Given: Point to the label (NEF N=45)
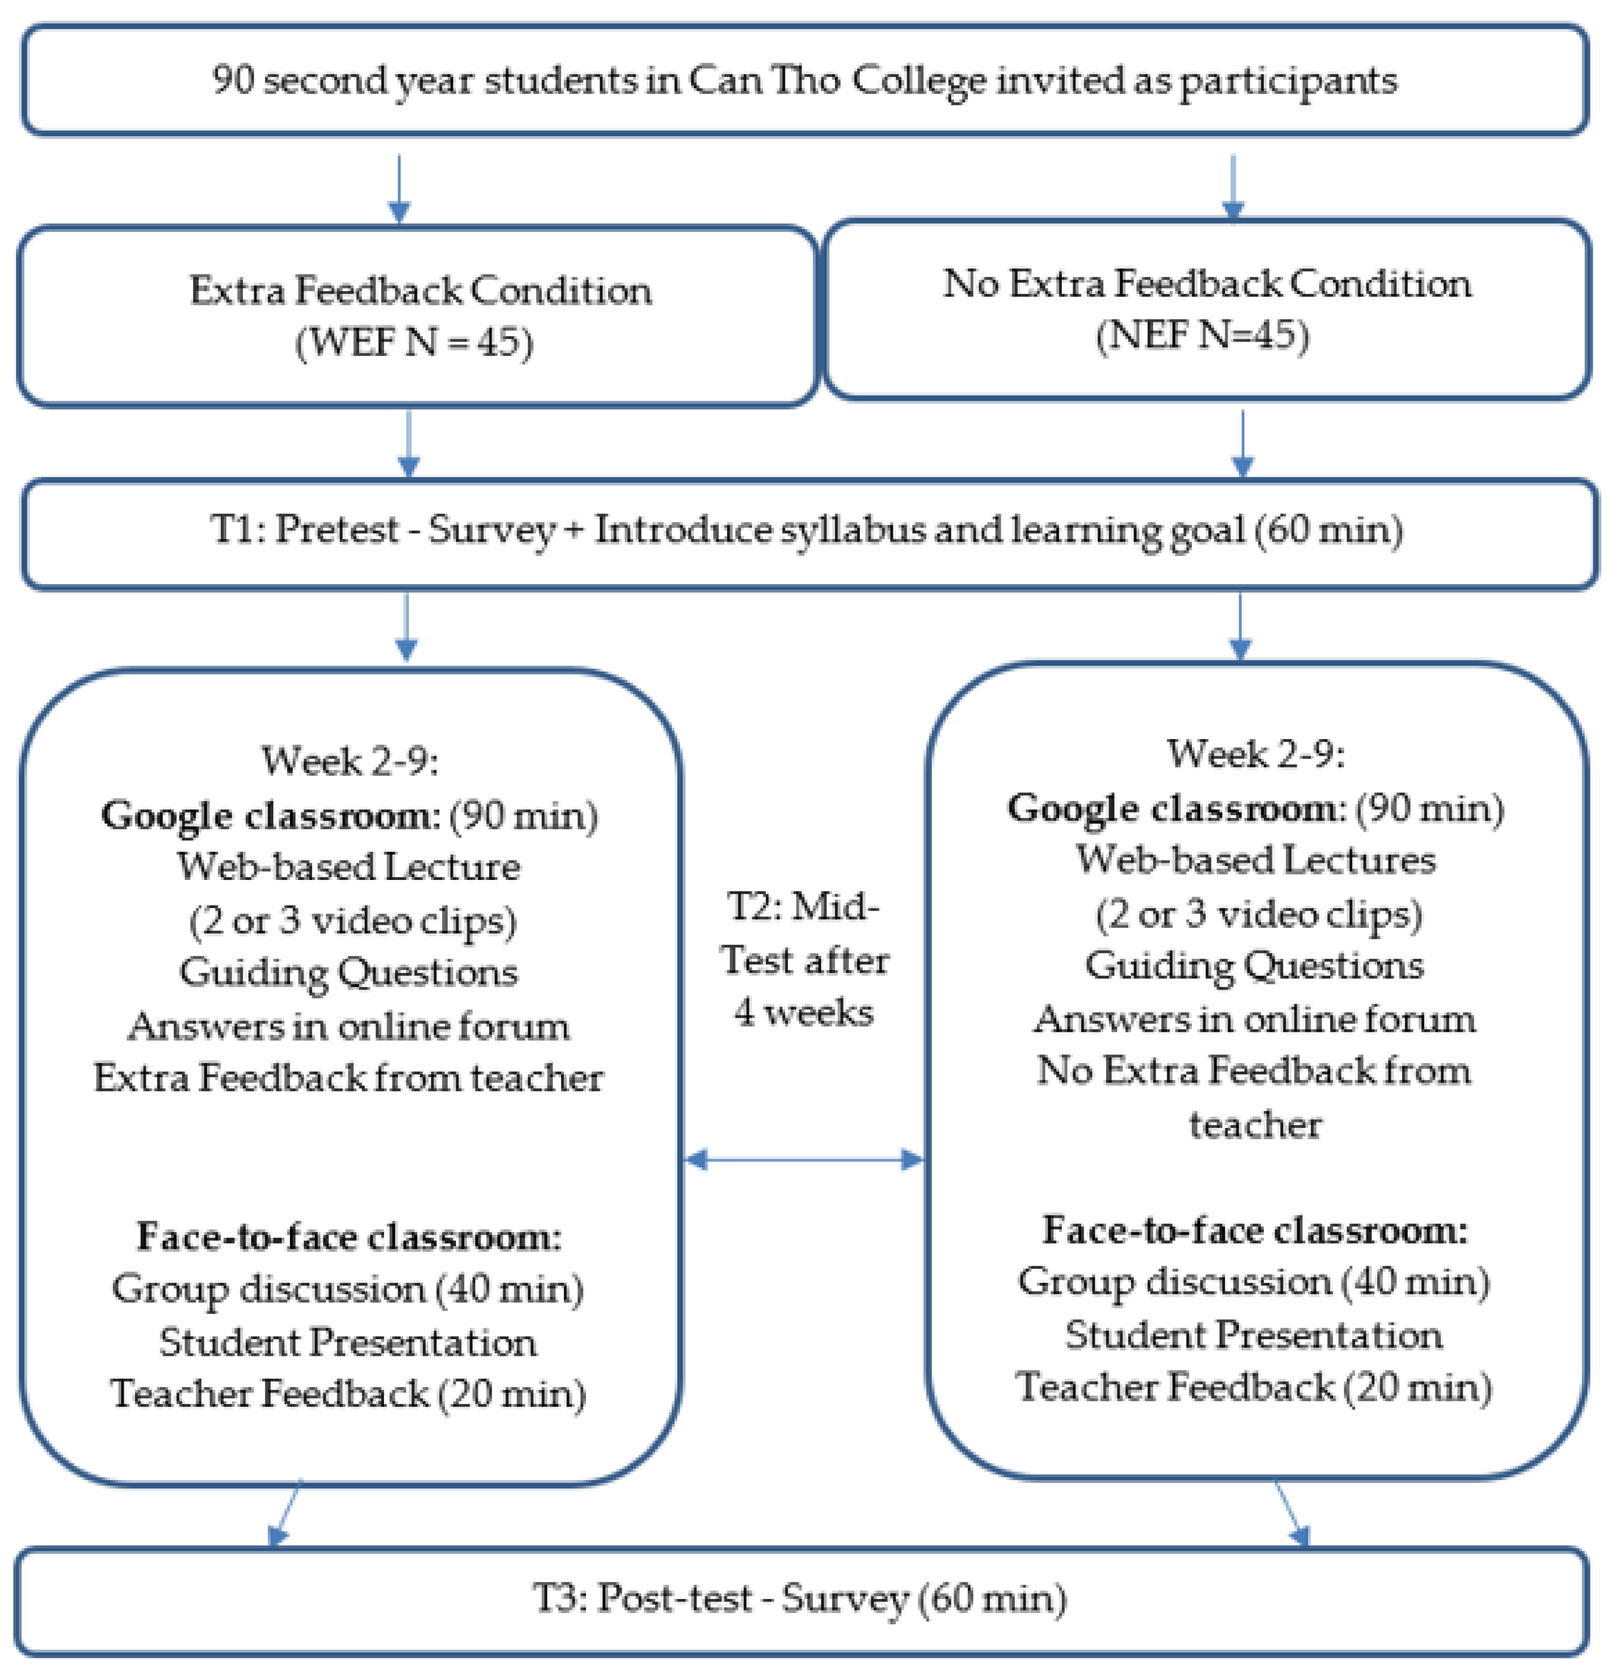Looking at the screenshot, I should [1202, 334].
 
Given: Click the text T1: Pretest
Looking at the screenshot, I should [304, 529].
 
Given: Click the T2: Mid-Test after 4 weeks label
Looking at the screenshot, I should [804, 959].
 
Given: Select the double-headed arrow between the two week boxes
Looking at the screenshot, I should [804, 1159].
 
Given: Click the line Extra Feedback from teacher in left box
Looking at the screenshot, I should [349, 1078].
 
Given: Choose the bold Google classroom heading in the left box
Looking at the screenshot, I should [266, 815].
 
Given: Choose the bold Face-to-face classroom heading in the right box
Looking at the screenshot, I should [1255, 1230].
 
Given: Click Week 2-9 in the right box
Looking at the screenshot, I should [1255, 754].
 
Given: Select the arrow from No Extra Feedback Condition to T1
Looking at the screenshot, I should [1243, 444].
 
